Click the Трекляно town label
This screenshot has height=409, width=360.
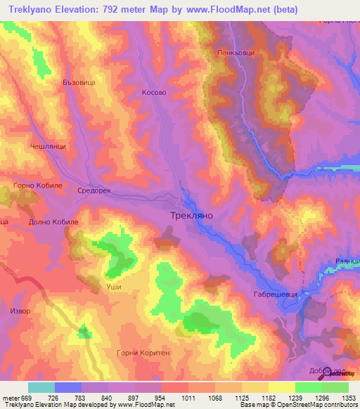(x=191, y=217)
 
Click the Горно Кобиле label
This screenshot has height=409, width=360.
(x=38, y=186)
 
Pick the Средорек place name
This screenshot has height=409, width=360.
(x=94, y=190)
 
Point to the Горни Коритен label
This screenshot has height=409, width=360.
(x=143, y=353)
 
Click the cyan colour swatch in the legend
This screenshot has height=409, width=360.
(x=41, y=387)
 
